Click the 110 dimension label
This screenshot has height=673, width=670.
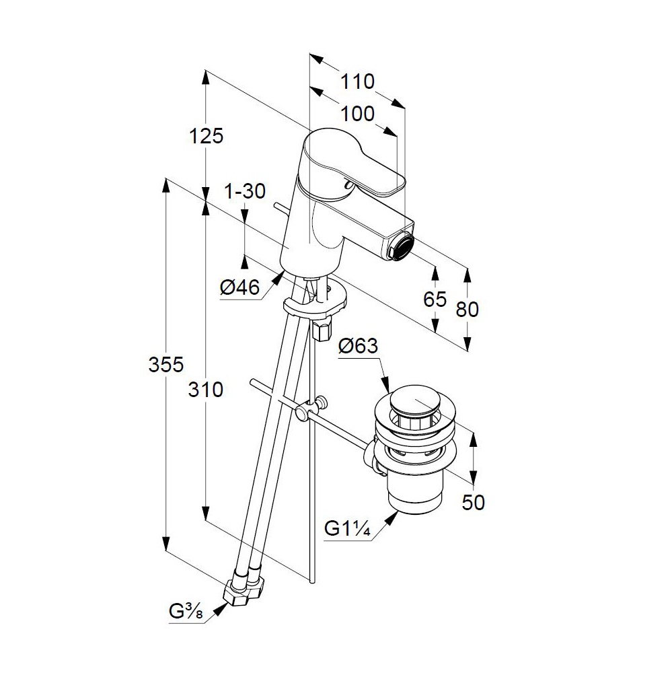pos(357,81)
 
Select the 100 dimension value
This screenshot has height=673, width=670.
pos(357,114)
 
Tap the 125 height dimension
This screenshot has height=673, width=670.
pos(207,136)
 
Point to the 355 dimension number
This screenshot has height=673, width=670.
pos(166,364)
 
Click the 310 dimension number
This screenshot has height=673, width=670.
pos(206,390)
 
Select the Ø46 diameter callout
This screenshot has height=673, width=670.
pos(239,287)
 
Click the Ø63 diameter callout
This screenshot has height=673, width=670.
pos(358,345)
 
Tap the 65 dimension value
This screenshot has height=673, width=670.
pos(435,299)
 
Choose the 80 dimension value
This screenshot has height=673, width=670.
pos(467,309)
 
